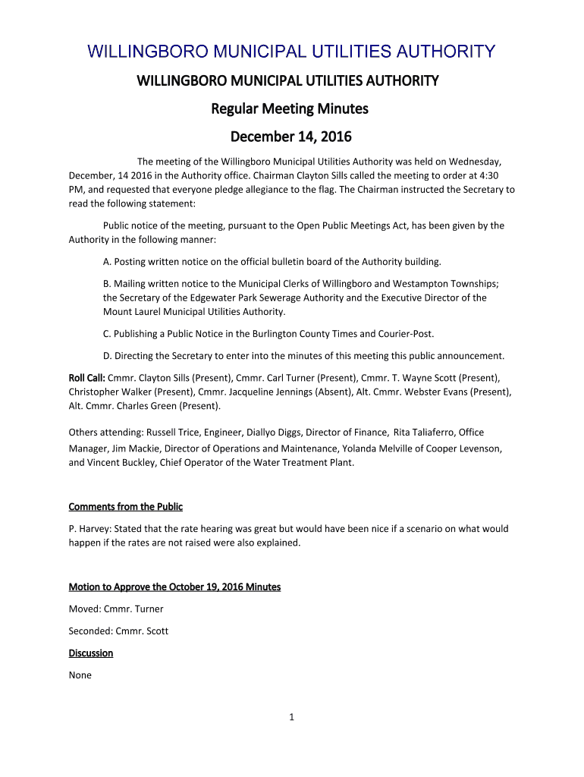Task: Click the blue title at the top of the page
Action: pyautogui.click(x=292, y=52)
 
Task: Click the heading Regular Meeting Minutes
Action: pyautogui.click(x=289, y=109)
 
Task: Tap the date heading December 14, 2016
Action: pyautogui.click(x=291, y=137)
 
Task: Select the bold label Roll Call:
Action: pyautogui.click(x=87, y=377)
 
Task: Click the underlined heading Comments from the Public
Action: pyautogui.click(x=126, y=506)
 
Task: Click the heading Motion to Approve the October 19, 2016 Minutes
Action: pyautogui.click(x=174, y=587)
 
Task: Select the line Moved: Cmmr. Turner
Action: pyautogui.click(x=116, y=609)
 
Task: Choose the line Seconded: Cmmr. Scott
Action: pyautogui.click(x=118, y=631)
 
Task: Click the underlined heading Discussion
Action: pyautogui.click(x=91, y=653)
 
